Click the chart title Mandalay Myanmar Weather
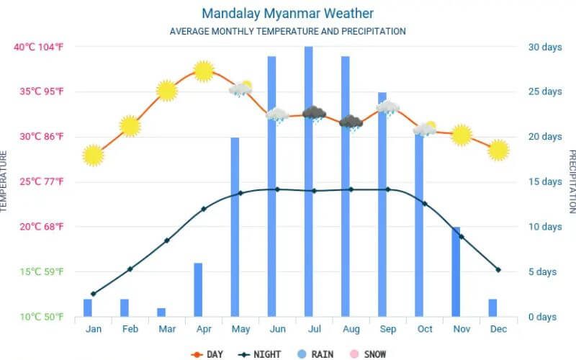(x=287, y=14)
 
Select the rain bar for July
(x=308, y=180)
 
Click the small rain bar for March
(x=161, y=312)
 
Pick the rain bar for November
(x=455, y=271)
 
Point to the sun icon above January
(x=93, y=156)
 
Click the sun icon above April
(x=204, y=71)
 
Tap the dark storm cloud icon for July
(x=314, y=114)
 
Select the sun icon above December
(x=498, y=150)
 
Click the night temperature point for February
(x=130, y=269)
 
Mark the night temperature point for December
(x=498, y=270)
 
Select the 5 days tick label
(x=542, y=271)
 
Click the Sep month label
(x=387, y=329)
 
